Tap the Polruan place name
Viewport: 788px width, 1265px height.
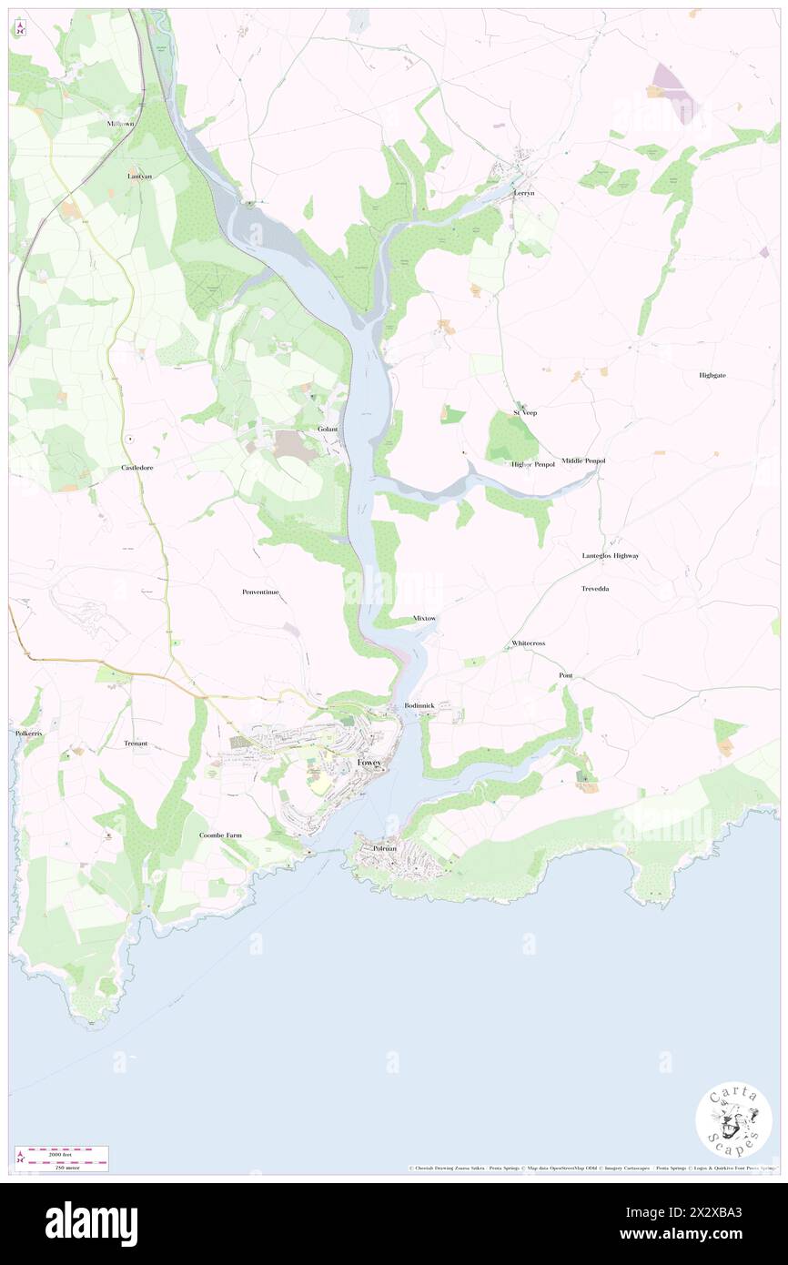pos(386,848)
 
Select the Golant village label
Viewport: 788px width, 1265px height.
pos(328,429)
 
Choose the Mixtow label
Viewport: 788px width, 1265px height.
pos(425,618)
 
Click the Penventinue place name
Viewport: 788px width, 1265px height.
pos(266,592)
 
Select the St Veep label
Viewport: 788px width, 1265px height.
pos(524,412)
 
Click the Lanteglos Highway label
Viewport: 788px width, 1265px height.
pos(611,555)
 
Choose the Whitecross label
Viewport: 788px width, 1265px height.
pos(528,643)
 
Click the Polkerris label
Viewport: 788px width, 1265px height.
pos(29,733)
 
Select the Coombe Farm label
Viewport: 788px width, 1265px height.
pos(221,835)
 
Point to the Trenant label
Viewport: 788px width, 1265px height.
pos(136,744)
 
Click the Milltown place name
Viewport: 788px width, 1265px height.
pos(120,123)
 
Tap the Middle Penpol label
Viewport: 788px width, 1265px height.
pos(583,461)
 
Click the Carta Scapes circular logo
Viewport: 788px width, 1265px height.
pos(733,1120)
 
